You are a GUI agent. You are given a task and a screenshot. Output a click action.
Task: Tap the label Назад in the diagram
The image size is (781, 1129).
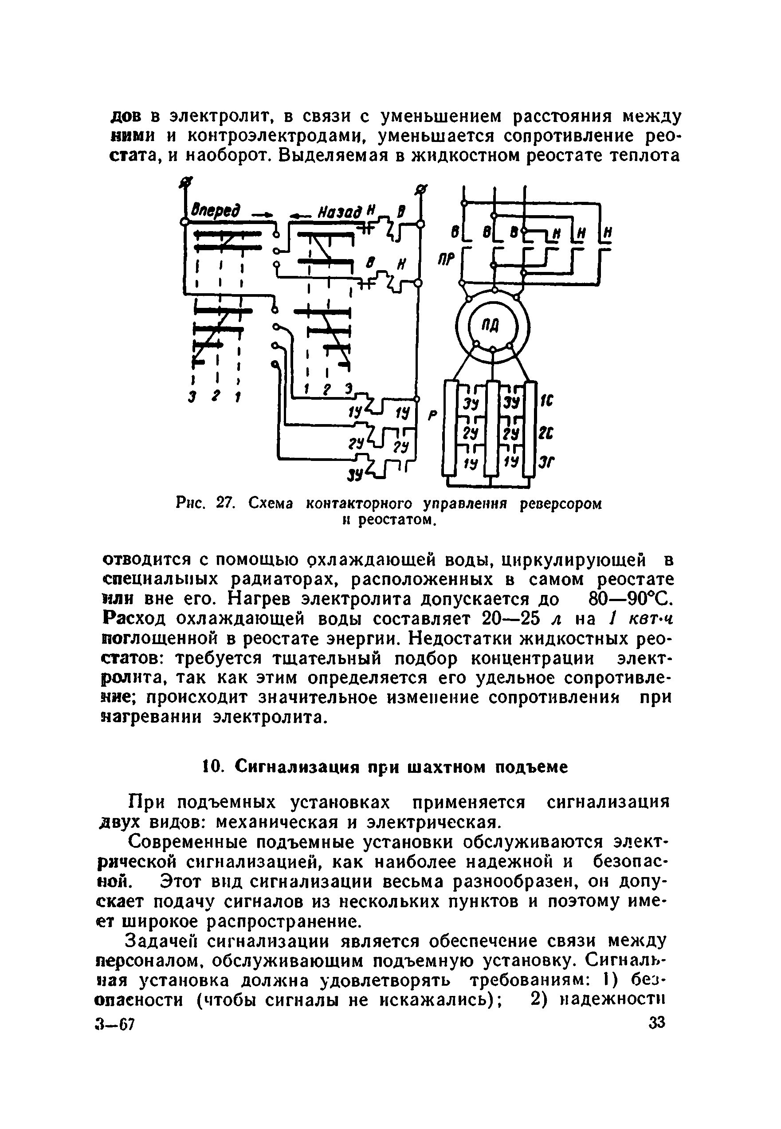pyautogui.click(x=340, y=212)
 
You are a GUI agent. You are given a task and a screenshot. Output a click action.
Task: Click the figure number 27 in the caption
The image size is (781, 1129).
pyautogui.click(x=224, y=504)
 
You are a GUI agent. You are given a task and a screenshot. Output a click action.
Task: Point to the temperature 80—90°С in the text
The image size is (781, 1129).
pyautogui.click(x=621, y=599)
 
